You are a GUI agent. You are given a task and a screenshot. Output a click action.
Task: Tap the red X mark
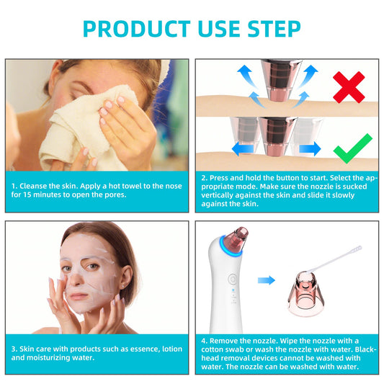347,87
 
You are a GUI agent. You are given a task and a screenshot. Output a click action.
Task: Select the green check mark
352,147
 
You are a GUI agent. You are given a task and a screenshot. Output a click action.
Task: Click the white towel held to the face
72,133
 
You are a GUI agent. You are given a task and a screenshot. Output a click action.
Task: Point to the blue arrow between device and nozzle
266,280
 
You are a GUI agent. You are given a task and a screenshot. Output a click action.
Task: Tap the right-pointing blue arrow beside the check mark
310,148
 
